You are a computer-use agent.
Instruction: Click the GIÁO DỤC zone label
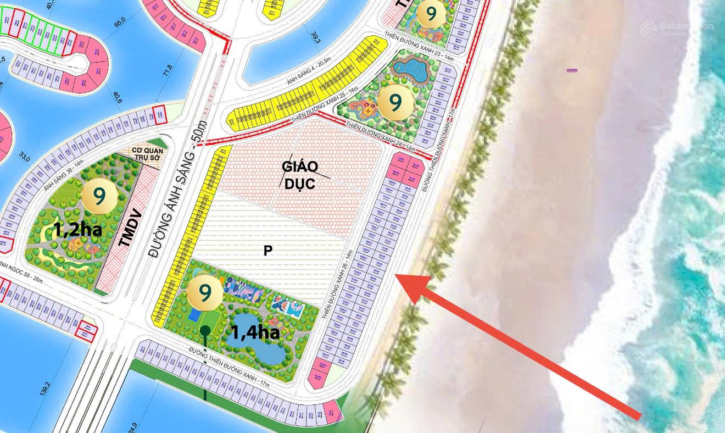pos(299,175)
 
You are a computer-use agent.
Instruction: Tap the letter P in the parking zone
pos(268,251)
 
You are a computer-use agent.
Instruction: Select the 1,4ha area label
pos(255,332)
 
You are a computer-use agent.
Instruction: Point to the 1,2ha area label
pos(77,230)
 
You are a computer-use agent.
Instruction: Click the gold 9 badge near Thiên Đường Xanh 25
pos(394,101)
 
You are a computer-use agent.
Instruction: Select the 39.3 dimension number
pos(315,37)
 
